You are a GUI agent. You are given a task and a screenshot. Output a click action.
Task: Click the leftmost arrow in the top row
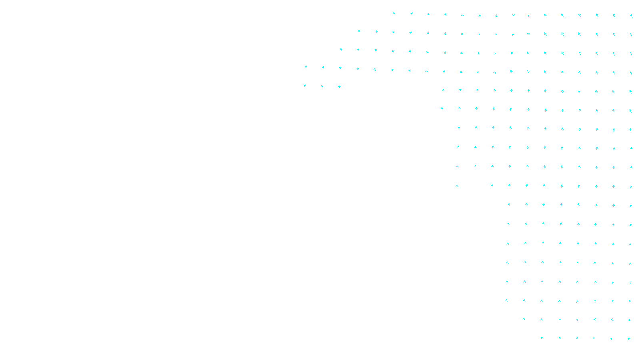click(x=394, y=13)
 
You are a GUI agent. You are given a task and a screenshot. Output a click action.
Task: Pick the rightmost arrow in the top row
click(x=631, y=16)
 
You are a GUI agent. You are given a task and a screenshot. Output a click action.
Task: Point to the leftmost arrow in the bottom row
click(x=542, y=338)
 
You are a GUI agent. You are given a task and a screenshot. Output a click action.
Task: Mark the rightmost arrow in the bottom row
click(x=629, y=339)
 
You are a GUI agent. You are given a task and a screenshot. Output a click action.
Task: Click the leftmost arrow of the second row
click(x=359, y=31)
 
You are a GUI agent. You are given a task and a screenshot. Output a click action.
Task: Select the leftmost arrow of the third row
click(x=341, y=50)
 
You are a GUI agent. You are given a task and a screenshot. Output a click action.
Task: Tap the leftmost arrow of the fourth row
click(x=306, y=67)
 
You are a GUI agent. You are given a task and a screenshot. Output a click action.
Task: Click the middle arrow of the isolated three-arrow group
click(x=322, y=86)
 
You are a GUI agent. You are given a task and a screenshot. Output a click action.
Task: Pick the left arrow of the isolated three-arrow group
click(x=305, y=85)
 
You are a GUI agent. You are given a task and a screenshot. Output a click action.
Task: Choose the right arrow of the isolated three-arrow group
click(x=339, y=87)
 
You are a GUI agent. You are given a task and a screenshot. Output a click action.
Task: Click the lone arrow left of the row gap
click(x=457, y=186)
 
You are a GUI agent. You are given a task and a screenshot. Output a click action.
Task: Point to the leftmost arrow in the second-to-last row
click(x=524, y=319)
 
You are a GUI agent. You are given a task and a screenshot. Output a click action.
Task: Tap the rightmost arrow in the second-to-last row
click(x=629, y=320)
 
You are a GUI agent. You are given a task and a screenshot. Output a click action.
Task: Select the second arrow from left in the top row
click(x=411, y=14)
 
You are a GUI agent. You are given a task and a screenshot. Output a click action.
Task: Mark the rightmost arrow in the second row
click(x=631, y=35)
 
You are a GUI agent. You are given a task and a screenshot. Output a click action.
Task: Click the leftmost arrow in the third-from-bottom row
click(x=506, y=300)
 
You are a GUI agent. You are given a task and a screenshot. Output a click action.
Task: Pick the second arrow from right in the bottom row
click(x=611, y=339)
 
